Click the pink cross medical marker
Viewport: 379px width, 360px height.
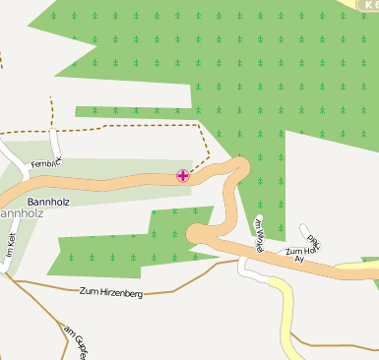pyautogui.click(x=183, y=175)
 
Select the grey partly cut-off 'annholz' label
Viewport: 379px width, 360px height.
pyautogui.click(x=20, y=211)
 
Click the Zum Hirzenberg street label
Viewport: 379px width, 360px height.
pyautogui.click(x=110, y=292)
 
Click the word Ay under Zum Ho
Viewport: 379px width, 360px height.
pyautogui.click(x=299, y=259)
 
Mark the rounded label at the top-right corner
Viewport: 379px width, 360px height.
pyautogui.click(x=366, y=5)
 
